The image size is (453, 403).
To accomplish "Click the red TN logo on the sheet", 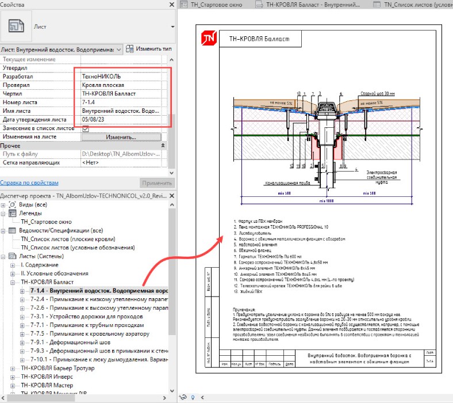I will coord(208,39).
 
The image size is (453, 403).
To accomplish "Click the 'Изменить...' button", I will coord(120,138).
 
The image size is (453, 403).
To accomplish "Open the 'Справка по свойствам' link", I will coord(29,183).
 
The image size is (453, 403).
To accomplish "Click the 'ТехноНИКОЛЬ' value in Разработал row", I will coord(101,76).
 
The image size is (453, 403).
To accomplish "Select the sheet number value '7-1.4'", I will coord(92,102).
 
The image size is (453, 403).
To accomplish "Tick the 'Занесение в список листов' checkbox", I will coord(85,128).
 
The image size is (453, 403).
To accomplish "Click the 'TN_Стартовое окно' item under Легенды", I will coord(47,221).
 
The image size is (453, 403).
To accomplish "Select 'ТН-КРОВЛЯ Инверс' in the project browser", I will coord(47,377).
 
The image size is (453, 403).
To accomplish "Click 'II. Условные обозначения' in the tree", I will coord(54,273).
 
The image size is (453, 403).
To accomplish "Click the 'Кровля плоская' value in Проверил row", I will coord(103,85).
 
